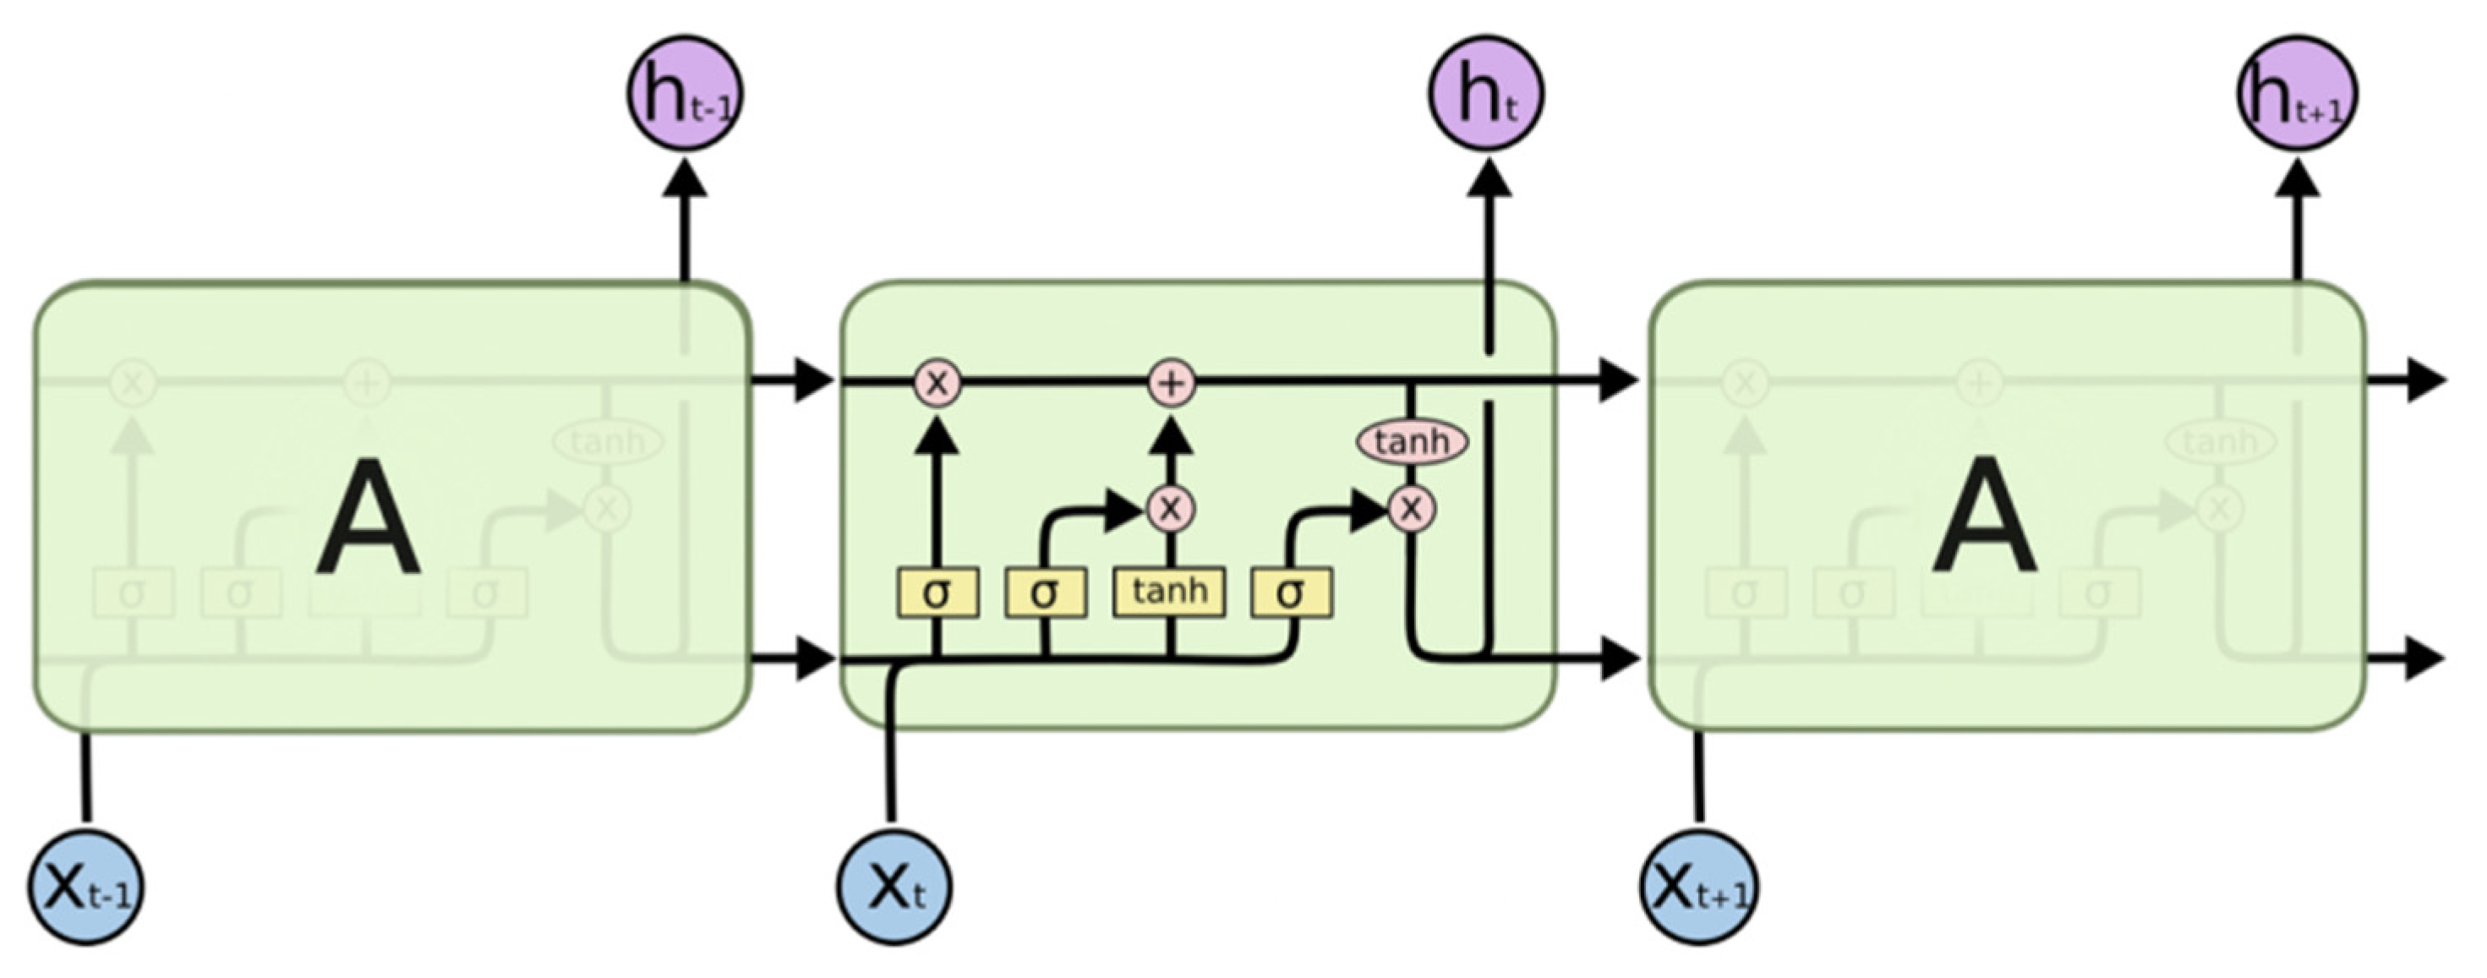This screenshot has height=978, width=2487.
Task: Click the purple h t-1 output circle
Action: click(685, 94)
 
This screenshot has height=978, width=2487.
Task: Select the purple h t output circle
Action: click(1486, 94)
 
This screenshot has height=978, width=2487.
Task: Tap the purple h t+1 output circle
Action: click(2297, 94)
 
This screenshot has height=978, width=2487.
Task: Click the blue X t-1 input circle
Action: click(85, 886)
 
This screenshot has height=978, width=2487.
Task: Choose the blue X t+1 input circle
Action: click(1699, 886)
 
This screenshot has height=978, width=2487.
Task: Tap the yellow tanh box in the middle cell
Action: click(1169, 591)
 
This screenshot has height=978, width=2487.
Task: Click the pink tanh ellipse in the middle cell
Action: click(1413, 442)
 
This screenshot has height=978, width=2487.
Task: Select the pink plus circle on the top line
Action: click(1171, 383)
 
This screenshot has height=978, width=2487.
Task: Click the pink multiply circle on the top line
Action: click(937, 383)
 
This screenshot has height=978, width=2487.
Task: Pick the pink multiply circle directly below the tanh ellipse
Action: click(1412, 508)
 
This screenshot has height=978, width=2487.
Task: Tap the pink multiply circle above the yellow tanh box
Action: click(1171, 508)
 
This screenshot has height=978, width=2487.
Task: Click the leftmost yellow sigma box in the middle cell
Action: click(937, 593)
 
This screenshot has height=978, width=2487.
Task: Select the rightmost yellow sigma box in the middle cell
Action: click(1292, 593)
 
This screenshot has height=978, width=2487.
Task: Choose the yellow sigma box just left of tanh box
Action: click(1045, 593)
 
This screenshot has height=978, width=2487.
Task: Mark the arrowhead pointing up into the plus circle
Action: click(1171, 440)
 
